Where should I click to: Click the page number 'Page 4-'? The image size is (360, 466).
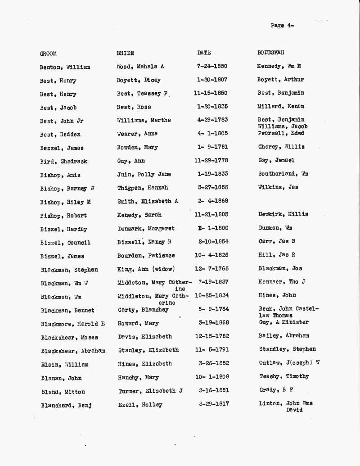point(282,26)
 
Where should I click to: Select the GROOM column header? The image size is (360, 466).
point(48,54)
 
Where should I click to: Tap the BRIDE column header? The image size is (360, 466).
point(125,53)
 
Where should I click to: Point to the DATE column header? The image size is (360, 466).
point(204,53)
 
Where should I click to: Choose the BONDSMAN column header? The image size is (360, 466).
point(270,53)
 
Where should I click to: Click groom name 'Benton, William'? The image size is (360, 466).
point(65,67)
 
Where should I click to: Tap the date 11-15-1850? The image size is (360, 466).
point(211,93)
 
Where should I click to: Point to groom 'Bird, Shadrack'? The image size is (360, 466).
point(63,162)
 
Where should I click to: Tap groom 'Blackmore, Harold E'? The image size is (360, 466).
point(73,324)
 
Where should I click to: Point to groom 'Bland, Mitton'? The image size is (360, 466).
point(63,392)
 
